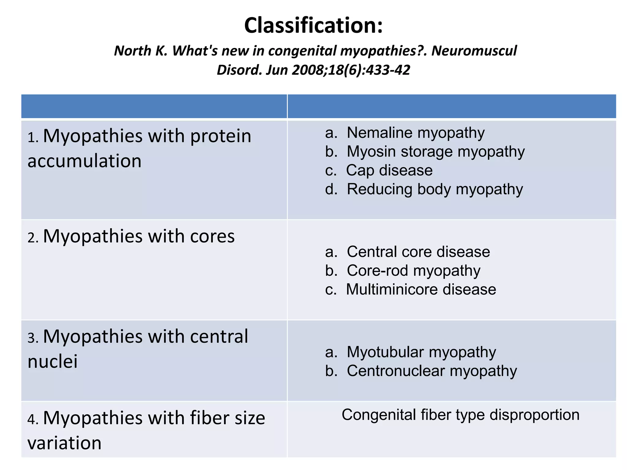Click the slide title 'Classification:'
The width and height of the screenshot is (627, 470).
click(313, 25)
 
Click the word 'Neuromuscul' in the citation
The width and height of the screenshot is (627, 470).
click(474, 51)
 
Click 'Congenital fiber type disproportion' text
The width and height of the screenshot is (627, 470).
click(460, 415)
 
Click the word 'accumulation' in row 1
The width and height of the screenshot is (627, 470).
click(84, 161)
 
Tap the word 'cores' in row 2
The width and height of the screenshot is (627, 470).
click(212, 237)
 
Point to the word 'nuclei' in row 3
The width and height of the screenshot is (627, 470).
click(52, 361)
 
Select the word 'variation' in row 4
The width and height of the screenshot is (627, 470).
click(64, 443)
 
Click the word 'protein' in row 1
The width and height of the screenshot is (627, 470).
click(220, 136)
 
